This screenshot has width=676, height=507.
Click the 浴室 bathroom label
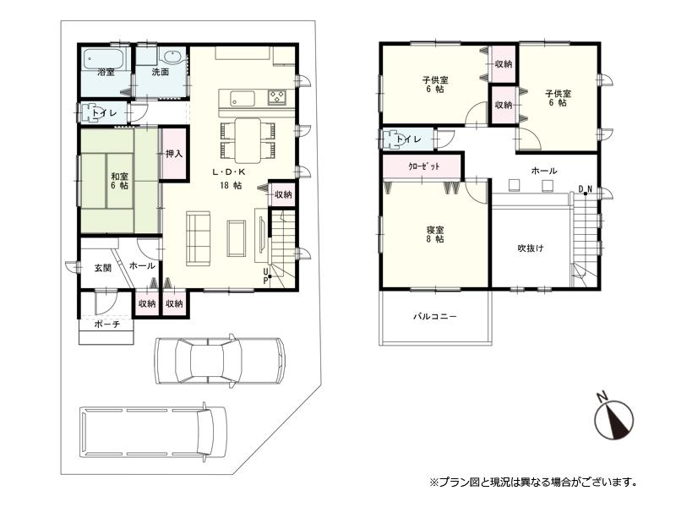pyautogui.click(x=106, y=73)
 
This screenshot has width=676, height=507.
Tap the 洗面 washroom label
pyautogui.click(x=160, y=73)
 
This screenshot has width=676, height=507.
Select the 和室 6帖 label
pyautogui.click(x=119, y=180)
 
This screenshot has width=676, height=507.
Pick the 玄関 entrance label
pyautogui.click(x=102, y=267)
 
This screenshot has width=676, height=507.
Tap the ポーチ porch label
pyautogui.click(x=106, y=324)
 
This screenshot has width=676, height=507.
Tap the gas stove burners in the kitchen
pyautogui.click(x=279, y=96)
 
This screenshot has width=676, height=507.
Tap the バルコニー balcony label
pyautogui.click(x=434, y=317)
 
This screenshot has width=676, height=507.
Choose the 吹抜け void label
pyautogui.click(x=530, y=248)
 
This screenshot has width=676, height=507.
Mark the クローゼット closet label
pyautogui.click(x=422, y=166)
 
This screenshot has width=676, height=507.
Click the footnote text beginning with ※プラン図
pyautogui.click(x=532, y=482)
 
